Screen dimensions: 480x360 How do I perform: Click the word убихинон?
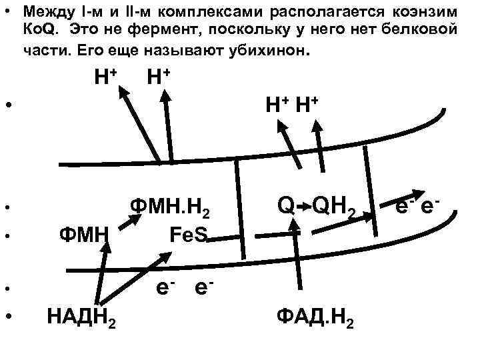[261, 49]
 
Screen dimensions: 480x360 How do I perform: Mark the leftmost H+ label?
[105, 78]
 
